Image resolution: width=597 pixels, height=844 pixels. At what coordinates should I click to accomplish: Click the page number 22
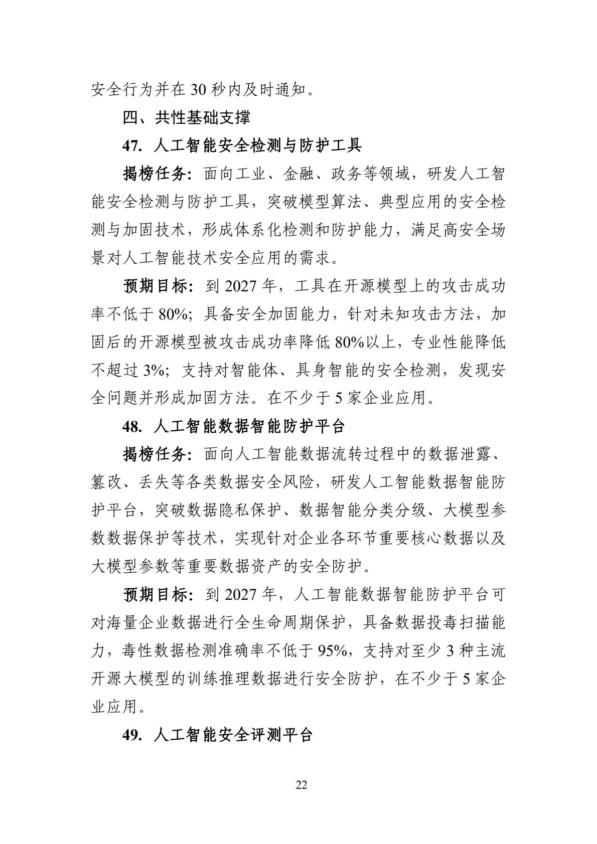pos(301,785)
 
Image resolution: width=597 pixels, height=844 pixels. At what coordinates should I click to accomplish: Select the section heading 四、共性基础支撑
pos(187,118)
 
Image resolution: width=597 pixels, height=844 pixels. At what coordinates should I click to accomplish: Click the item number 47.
pos(132,146)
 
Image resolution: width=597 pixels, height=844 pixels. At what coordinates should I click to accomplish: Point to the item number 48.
pos(132,427)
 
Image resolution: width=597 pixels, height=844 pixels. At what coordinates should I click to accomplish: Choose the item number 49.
pos(132,735)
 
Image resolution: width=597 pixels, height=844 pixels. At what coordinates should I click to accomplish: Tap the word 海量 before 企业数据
pos(122,623)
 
